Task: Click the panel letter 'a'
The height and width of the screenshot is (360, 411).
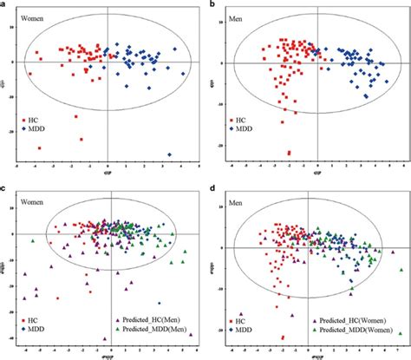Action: (3, 5)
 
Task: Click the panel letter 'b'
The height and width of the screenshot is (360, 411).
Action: (212, 5)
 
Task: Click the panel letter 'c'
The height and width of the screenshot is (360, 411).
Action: (3, 187)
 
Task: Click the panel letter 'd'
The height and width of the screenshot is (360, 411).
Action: (212, 187)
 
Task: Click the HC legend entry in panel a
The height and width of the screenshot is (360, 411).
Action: (32, 121)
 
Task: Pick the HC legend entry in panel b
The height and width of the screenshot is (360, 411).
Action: (239, 121)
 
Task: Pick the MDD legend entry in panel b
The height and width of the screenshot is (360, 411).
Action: (242, 130)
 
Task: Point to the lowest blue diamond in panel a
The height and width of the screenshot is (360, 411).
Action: (168, 155)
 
